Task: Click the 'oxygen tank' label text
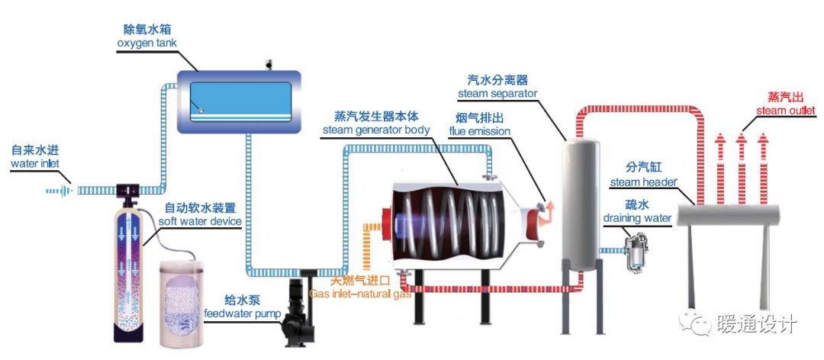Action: click(x=146, y=43)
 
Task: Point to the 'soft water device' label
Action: click(x=200, y=221)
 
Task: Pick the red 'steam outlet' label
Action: click(x=786, y=111)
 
